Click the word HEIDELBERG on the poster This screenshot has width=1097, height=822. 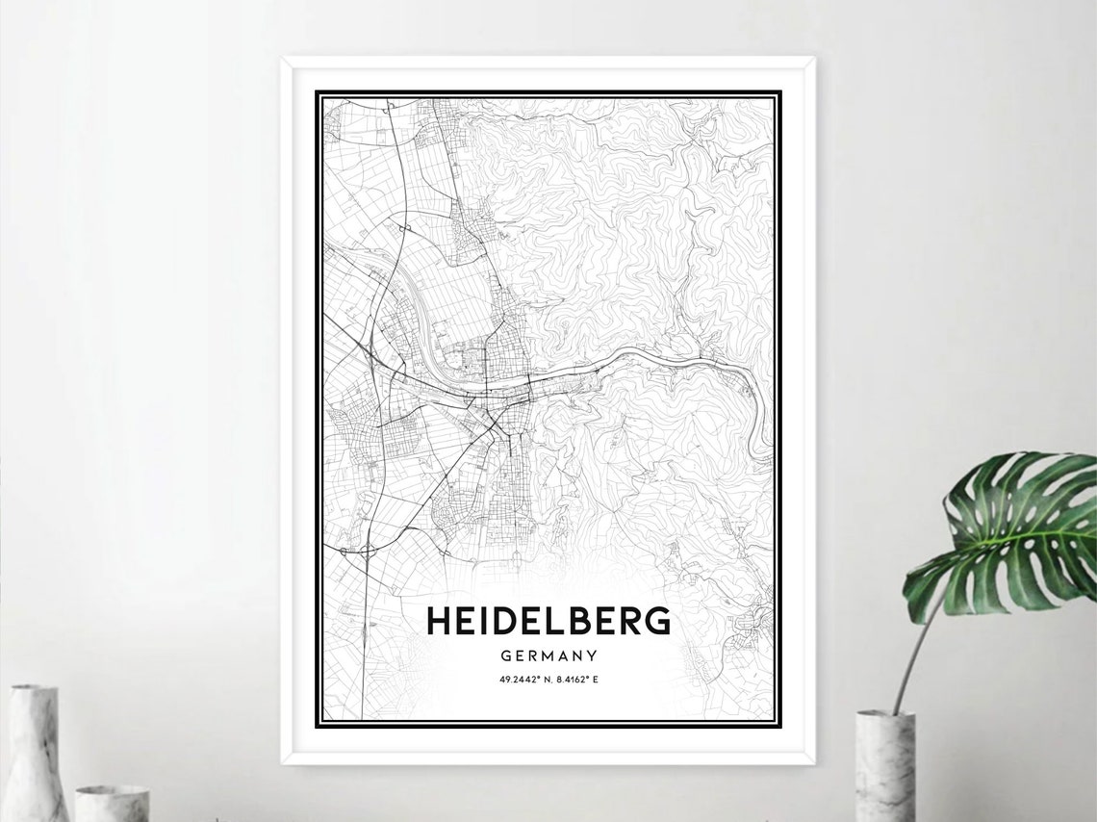click(x=548, y=621)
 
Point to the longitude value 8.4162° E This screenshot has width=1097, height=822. click(x=577, y=680)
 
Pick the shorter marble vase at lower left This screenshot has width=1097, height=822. click(x=113, y=804)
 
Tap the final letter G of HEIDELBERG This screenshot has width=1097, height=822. click(x=658, y=621)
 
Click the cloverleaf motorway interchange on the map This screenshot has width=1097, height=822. click(x=367, y=552)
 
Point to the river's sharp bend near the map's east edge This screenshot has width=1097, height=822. click(x=763, y=404)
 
